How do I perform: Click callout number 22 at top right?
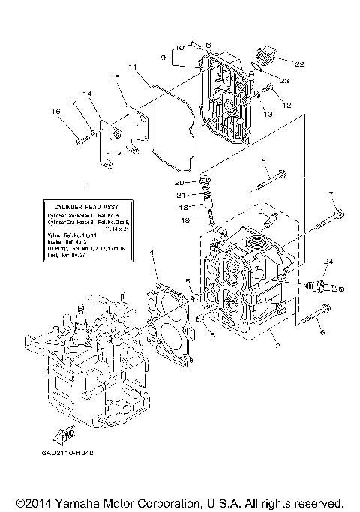(299, 64)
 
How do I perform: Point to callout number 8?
(263, 161)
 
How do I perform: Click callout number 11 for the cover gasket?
(131, 67)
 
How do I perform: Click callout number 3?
(262, 212)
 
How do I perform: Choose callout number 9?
(162, 58)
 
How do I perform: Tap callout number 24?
(328, 260)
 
